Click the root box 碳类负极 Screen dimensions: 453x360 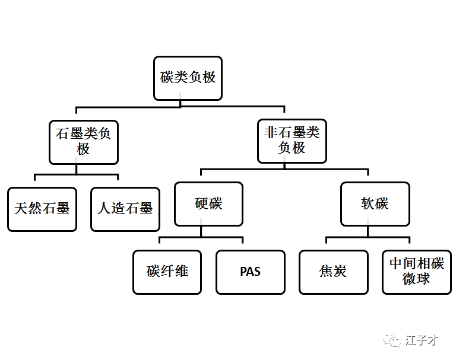[x=188, y=78]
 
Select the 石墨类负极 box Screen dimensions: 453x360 [x=84, y=142]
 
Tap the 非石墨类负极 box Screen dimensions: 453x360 [x=292, y=141]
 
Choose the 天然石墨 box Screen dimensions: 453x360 [x=42, y=209]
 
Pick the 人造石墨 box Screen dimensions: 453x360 [x=125, y=209]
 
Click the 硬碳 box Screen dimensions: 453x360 [x=208, y=204]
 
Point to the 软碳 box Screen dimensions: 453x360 [x=375, y=204]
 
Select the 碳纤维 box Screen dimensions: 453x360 [x=167, y=272]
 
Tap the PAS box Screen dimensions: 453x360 [x=251, y=272]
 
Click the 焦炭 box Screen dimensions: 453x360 [x=334, y=272]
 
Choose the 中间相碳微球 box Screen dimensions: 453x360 [x=417, y=272]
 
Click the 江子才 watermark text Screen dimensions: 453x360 [x=422, y=340]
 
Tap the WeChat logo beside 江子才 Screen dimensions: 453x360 [x=392, y=340]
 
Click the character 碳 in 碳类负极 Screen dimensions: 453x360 [x=167, y=77]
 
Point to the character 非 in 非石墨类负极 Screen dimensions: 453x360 [x=271, y=132]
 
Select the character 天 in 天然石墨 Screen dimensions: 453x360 [x=21, y=208]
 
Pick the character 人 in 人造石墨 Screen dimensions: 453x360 [x=104, y=208]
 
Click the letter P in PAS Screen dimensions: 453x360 [x=243, y=272]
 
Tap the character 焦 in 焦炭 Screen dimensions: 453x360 [x=326, y=272]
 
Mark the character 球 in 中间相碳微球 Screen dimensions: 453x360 [x=423, y=279]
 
